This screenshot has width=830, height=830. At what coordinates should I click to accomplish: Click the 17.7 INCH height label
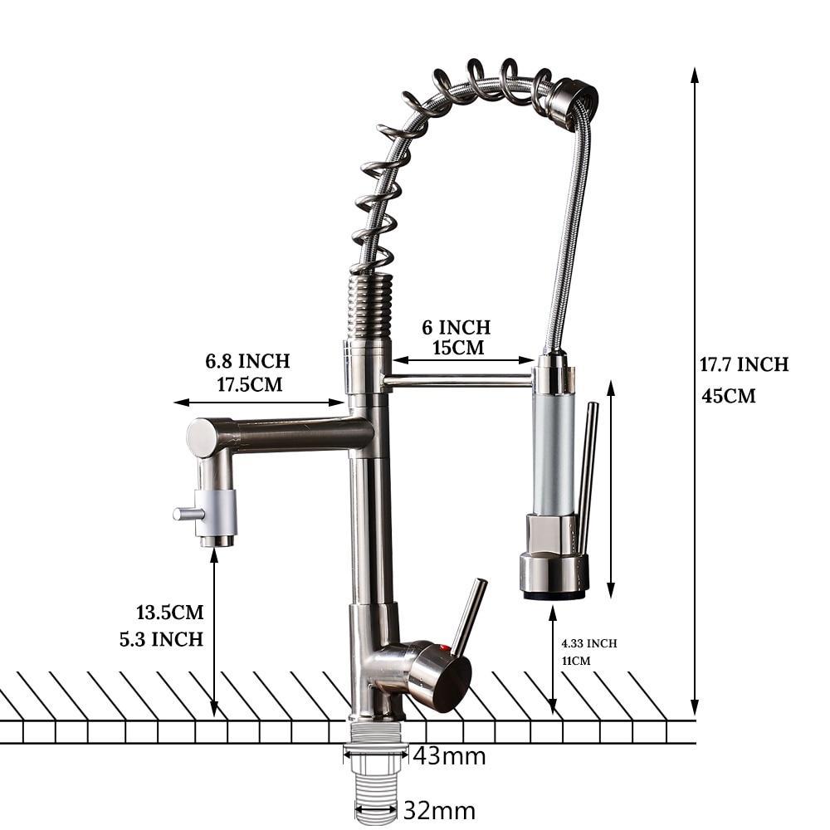click(x=744, y=364)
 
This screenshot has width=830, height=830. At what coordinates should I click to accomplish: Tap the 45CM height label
click(x=729, y=395)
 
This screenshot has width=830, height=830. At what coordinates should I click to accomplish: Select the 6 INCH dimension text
click(x=456, y=327)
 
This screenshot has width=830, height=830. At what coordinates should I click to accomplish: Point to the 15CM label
click(x=458, y=347)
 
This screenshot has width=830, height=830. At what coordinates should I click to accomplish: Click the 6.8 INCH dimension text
click(x=247, y=361)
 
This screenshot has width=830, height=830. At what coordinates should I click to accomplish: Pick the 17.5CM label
click(x=250, y=383)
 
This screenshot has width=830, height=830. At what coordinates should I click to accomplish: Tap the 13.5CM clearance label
click(x=170, y=612)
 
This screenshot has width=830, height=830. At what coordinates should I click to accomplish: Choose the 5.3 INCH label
click(x=162, y=639)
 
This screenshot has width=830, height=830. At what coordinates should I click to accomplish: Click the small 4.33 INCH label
click(x=589, y=643)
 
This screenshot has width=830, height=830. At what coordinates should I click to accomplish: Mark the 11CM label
click(x=576, y=661)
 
